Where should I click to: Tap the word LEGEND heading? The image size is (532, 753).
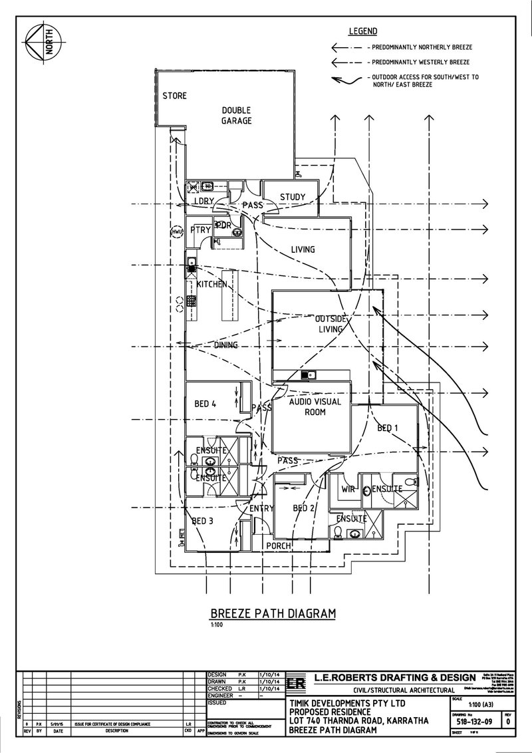[363, 31]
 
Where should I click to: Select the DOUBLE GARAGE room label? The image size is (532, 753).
[237, 116]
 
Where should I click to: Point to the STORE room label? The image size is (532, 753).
[174, 96]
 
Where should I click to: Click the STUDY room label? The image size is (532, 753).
[292, 197]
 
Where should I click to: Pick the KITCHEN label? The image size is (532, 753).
[211, 284]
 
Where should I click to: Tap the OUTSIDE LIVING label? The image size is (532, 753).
[330, 324]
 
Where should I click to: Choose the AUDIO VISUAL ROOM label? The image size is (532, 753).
[315, 407]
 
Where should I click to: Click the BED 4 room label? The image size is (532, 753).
[204, 403]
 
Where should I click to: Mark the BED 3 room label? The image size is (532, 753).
[203, 522]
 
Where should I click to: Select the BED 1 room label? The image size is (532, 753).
[388, 428]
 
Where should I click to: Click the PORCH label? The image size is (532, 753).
[279, 546]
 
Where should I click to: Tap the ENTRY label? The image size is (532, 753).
[262, 509]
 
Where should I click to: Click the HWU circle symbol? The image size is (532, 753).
[177, 232]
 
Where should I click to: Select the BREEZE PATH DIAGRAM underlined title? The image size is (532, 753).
[273, 613]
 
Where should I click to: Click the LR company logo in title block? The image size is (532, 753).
[297, 684]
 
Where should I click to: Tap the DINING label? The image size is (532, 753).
[226, 345]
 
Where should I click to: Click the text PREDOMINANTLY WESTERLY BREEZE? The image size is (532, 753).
[423, 62]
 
